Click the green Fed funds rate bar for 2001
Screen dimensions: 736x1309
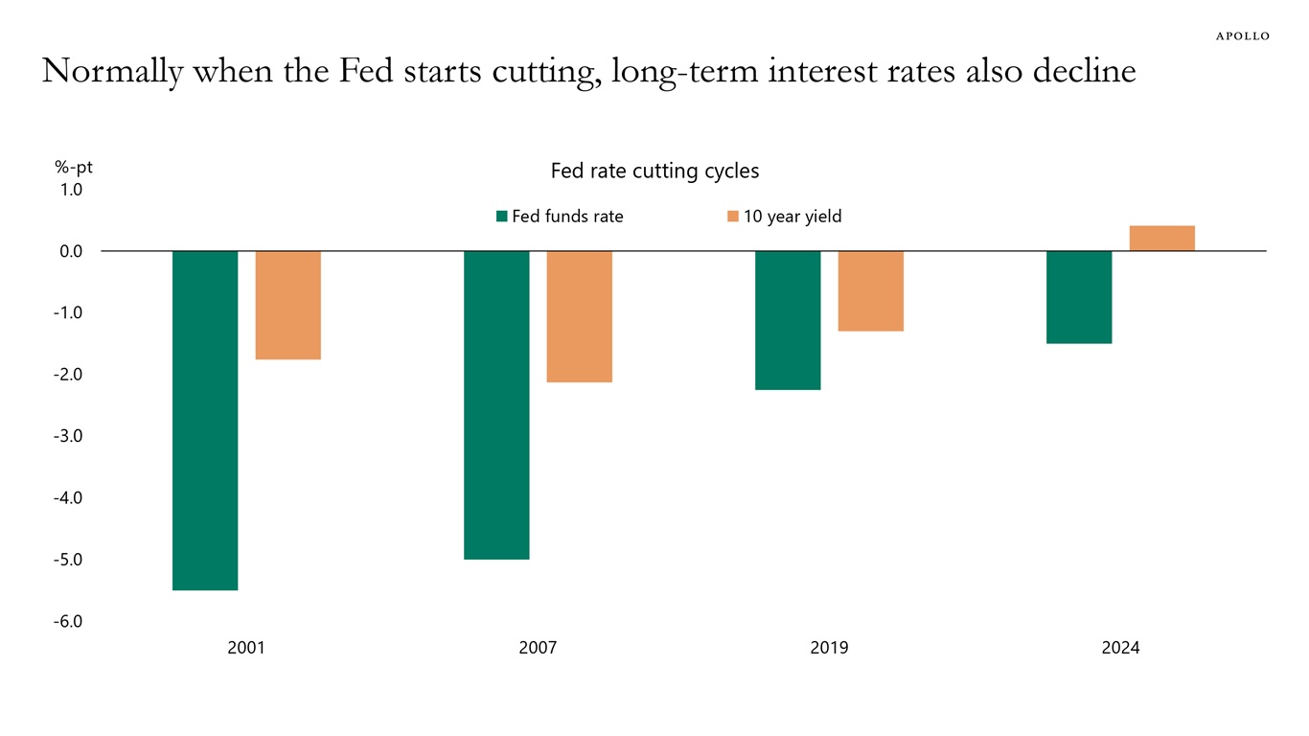coord(205,420)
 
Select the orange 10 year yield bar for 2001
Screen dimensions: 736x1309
coord(287,305)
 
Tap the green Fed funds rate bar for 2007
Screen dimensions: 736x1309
coord(496,404)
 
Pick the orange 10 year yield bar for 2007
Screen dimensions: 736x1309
coord(579,316)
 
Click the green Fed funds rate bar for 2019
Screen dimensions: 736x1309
coord(788,320)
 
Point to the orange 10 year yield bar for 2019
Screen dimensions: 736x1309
coord(870,290)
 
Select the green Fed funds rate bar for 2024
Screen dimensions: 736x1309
coord(1079,297)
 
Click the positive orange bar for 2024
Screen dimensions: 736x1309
coord(1161,239)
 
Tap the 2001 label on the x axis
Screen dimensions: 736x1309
coord(246,649)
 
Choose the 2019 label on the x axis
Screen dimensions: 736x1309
coord(829,649)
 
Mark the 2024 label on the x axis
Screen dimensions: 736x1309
coord(1120,649)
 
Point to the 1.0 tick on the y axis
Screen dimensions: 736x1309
coord(72,190)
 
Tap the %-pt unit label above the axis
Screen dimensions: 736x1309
coord(74,168)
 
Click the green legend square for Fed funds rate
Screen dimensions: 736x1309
coord(501,217)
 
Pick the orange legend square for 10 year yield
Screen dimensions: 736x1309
coord(733,217)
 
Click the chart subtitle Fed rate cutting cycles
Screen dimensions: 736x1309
coord(654,171)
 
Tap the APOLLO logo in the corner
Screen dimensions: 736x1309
coord(1242,35)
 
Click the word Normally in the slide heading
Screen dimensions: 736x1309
coord(112,72)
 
